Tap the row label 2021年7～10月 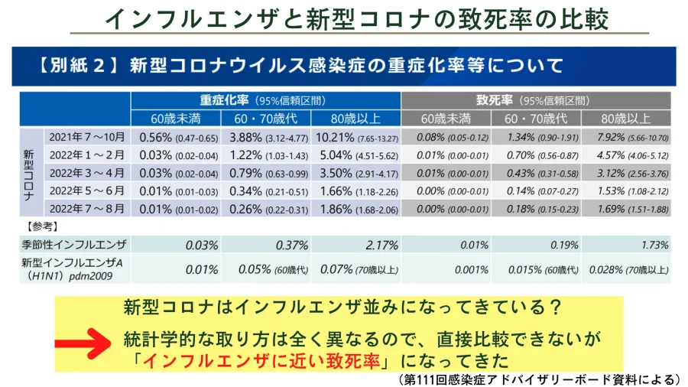click(x=86, y=138)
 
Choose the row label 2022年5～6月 click(x=86, y=191)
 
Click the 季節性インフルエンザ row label click(x=74, y=246)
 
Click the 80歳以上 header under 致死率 click(x=626, y=119)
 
